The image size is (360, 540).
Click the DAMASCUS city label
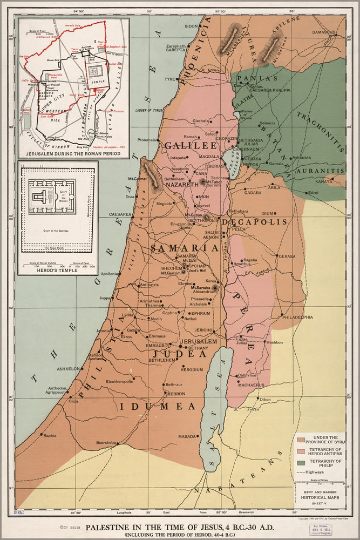coord(323,32)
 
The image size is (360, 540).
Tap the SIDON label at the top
coord(192,26)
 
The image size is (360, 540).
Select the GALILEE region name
coord(182,146)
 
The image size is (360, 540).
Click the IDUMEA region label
coord(157,406)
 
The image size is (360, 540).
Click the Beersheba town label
coord(106,443)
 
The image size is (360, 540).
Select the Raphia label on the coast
coord(50,435)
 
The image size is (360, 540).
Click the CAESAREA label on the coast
coord(120,214)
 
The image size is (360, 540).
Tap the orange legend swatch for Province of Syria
coord(301,438)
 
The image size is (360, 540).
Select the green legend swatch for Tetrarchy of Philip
coord(301,463)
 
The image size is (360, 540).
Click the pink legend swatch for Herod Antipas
coord(301,451)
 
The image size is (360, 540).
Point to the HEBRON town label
coord(176,394)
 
